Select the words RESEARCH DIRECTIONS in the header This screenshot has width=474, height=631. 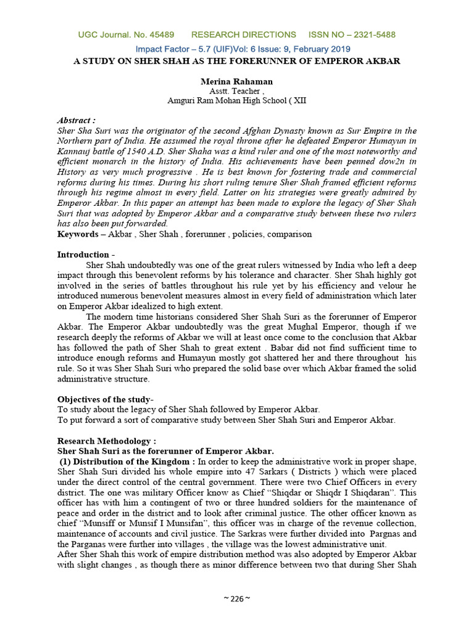[x=244, y=35]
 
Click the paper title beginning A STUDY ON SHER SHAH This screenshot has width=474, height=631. [x=236, y=61]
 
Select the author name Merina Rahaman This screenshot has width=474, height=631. [x=236, y=81]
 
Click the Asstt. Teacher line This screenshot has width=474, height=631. [x=236, y=91]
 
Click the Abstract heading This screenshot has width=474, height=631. [x=77, y=120]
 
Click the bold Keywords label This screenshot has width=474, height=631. [x=80, y=234]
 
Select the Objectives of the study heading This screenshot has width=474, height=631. [x=106, y=399]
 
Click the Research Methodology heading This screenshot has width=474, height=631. [x=107, y=441]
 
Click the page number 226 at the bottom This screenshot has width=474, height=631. [x=237, y=598]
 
